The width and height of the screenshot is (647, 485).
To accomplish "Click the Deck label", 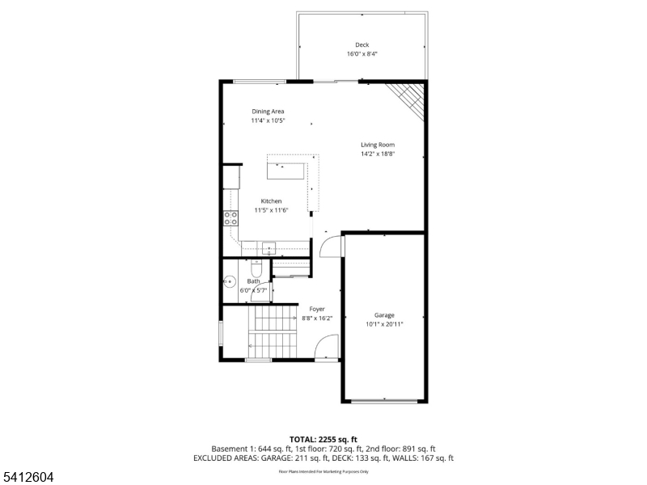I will pyautogui.click(x=362, y=45).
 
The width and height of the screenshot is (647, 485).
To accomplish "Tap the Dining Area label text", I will pyautogui.click(x=268, y=112).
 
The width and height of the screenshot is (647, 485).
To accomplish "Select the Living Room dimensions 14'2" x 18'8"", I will pyautogui.click(x=378, y=154).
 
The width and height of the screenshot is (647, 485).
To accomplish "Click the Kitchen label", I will pyautogui.click(x=271, y=201).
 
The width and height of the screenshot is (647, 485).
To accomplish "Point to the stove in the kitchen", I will pyautogui.click(x=230, y=217).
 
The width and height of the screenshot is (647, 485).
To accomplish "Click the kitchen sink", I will pyautogui.click(x=269, y=247).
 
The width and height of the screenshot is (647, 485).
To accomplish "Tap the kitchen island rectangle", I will pyautogui.click(x=285, y=171).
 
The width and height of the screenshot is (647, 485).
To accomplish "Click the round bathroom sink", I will pyautogui.click(x=230, y=283).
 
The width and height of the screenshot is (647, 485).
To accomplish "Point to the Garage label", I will pyautogui.click(x=383, y=315).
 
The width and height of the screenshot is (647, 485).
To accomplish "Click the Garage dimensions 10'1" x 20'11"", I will pyautogui.click(x=383, y=324).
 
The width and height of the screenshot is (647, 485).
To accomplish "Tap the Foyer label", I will pyautogui.click(x=316, y=309).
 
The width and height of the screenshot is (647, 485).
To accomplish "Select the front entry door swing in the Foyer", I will pyautogui.click(x=325, y=349).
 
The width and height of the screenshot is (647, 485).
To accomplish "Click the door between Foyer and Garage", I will pyautogui.click(x=332, y=246).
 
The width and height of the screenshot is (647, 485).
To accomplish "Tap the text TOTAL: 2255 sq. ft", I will pyautogui.click(x=323, y=439).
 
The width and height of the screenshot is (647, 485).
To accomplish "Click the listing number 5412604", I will pyautogui.click(x=28, y=478).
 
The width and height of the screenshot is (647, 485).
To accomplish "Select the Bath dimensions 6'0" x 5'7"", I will pyautogui.click(x=252, y=289).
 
